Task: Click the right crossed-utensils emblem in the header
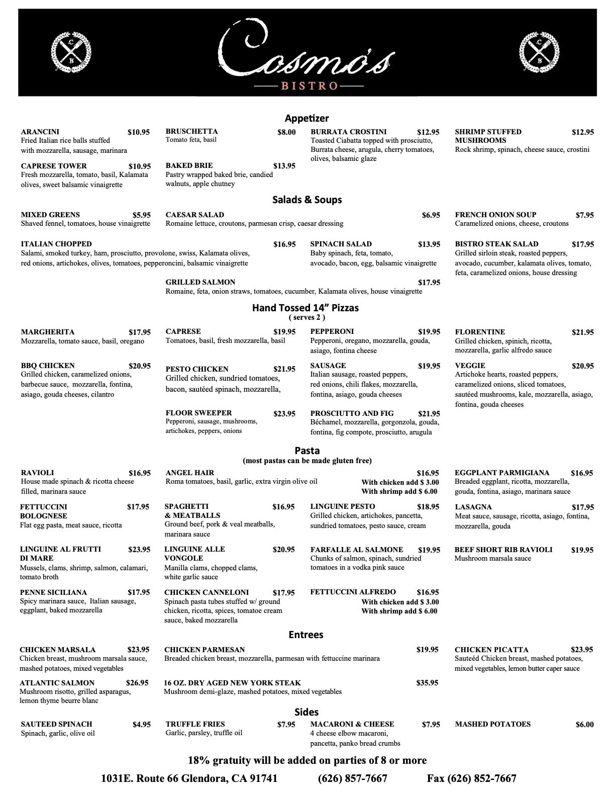(x=539, y=52)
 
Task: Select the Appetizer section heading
(x=306, y=119)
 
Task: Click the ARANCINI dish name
(x=40, y=132)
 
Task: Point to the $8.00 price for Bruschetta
(x=286, y=132)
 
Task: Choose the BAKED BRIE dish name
(x=189, y=165)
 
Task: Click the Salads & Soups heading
(x=306, y=200)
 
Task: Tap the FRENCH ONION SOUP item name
(x=495, y=215)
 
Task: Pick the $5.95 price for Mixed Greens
(x=141, y=215)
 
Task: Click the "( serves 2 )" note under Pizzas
(x=306, y=317)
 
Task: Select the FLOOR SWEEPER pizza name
(x=198, y=413)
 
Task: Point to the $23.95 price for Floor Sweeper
(x=284, y=414)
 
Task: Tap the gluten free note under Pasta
(x=307, y=461)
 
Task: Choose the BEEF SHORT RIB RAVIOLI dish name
(x=503, y=550)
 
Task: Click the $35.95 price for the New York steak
(x=427, y=683)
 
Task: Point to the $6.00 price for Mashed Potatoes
(x=584, y=725)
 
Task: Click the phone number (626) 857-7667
(x=352, y=778)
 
